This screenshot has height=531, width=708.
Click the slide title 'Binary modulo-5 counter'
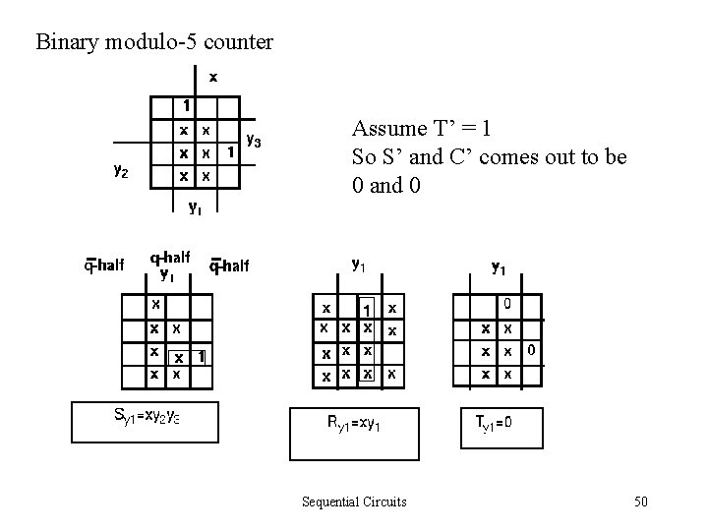[x=154, y=42]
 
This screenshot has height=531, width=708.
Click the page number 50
[x=640, y=502]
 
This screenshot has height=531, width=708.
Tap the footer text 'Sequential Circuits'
[x=354, y=502]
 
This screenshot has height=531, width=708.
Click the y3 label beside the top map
[x=253, y=142]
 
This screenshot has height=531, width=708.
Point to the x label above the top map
[x=212, y=76]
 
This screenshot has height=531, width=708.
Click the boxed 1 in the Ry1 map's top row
[x=367, y=307]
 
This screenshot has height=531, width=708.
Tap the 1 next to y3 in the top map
[x=229, y=152]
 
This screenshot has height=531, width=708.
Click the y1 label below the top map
[x=197, y=206]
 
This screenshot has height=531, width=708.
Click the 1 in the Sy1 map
[x=201, y=356]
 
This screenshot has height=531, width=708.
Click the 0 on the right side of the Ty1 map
[x=530, y=349]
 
